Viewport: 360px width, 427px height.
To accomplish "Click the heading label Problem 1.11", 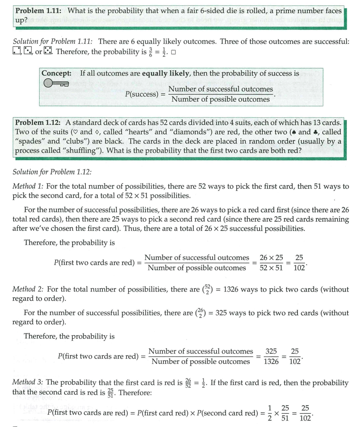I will (39, 11).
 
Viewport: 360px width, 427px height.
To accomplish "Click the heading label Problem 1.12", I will (39, 122).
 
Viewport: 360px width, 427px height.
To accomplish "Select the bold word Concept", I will (57, 73).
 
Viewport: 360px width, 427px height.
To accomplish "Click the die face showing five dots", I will (48, 51).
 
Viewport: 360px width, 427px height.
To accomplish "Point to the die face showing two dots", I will (17, 51).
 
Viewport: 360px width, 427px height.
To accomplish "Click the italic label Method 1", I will (28, 186).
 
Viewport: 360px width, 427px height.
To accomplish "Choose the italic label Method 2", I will (28, 289).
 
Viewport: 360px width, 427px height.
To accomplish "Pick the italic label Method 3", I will (28, 383).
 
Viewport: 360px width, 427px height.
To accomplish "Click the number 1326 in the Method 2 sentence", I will (233, 289).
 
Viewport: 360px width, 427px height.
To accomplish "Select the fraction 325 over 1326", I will (271, 356).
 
